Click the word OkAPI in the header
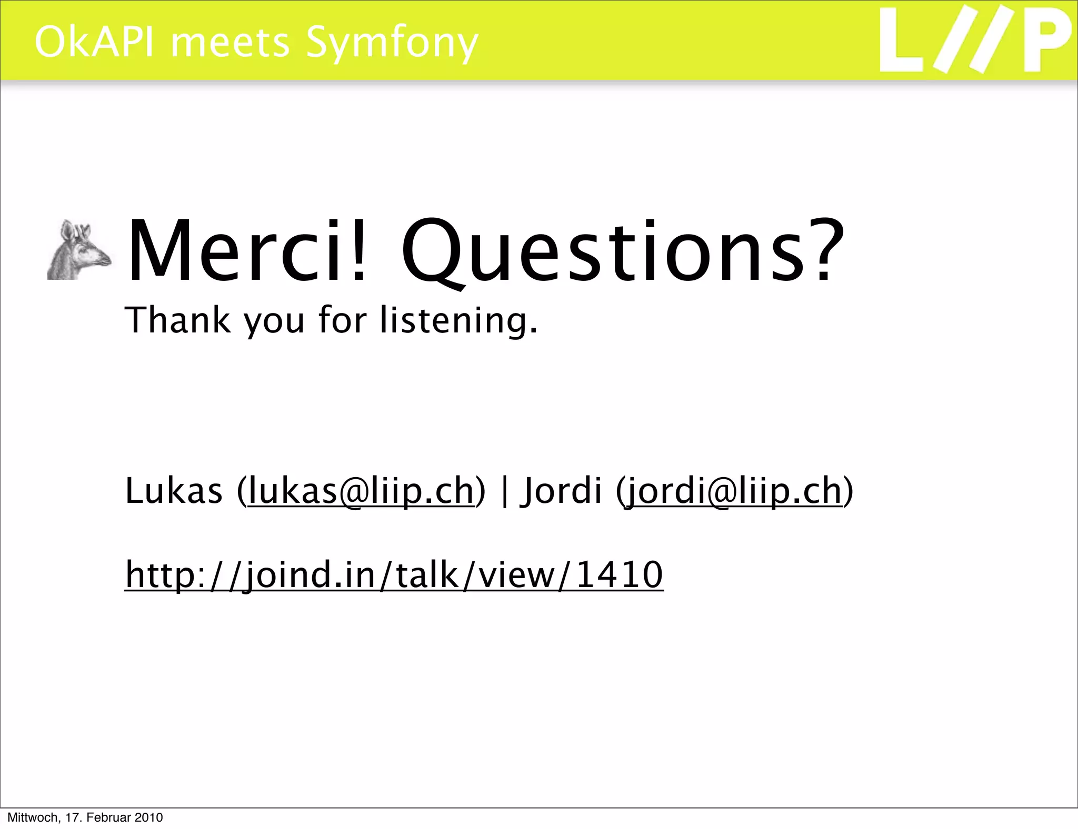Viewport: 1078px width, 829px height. tap(95, 42)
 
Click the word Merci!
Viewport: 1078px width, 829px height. tap(246, 251)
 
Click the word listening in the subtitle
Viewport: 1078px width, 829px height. tap(458, 321)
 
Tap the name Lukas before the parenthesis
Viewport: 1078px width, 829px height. tap(174, 490)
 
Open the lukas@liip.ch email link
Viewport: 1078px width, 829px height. tap(361, 491)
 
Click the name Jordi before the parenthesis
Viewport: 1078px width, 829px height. tap(561, 491)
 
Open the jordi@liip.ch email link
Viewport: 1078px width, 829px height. tap(733, 491)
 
